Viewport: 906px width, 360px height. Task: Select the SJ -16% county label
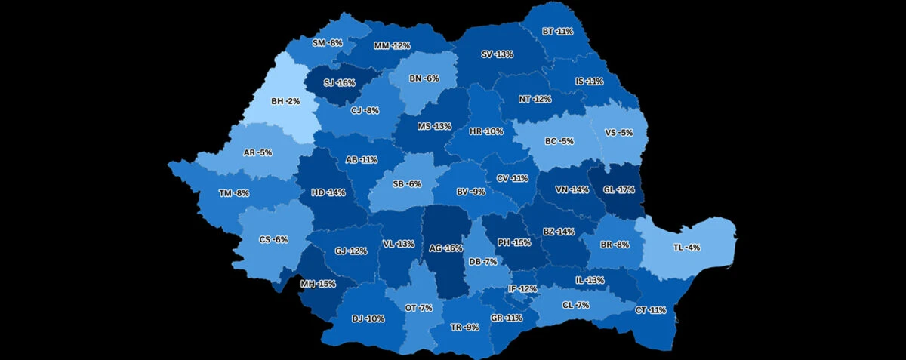[x=339, y=82]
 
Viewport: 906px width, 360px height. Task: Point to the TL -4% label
[x=686, y=247]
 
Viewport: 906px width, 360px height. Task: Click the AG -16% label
[x=445, y=248]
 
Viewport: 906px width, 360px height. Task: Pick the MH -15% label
[x=317, y=284]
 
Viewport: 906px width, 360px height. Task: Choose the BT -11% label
[x=557, y=32]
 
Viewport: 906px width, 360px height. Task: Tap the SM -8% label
[x=328, y=43]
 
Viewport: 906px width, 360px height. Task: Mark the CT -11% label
[x=651, y=310]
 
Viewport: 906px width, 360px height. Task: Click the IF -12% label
[x=522, y=288]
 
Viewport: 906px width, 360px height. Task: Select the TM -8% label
[x=234, y=193]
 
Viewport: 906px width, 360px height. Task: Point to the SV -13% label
[x=497, y=54]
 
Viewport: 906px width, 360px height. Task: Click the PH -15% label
[x=514, y=242]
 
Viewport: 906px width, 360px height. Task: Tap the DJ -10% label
[x=368, y=318]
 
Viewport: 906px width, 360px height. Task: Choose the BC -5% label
[x=559, y=141]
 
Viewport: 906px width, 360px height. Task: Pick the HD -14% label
[x=328, y=192]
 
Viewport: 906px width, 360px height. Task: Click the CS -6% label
[x=273, y=239]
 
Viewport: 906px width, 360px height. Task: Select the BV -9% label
[x=471, y=192]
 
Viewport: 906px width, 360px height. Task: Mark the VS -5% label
[x=619, y=133]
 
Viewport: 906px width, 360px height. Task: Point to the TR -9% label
[x=465, y=327]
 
